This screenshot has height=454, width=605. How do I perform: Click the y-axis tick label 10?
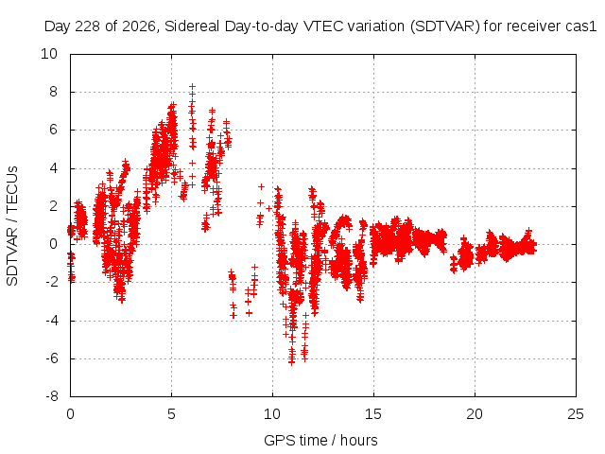(x=49, y=54)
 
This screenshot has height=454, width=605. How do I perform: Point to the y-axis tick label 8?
(x=53, y=92)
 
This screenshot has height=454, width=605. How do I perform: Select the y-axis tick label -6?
(x=51, y=358)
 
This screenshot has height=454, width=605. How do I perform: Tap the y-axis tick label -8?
(x=51, y=396)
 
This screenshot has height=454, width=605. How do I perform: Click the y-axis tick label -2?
(x=51, y=282)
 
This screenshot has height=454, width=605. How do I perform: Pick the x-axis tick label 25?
(x=576, y=414)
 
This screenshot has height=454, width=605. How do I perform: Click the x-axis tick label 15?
(x=373, y=414)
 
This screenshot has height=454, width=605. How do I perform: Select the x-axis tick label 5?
(x=171, y=414)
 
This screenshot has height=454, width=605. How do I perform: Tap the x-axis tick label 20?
(x=475, y=414)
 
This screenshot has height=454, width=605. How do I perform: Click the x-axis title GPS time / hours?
(x=320, y=440)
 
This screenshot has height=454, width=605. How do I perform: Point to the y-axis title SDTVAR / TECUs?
(x=12, y=226)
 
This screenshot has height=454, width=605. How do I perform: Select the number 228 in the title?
(x=87, y=26)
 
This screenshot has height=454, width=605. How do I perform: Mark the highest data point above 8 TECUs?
(x=192, y=86)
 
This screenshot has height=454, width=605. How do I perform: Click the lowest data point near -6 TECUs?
(x=292, y=362)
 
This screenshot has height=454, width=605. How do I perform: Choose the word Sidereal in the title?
(x=192, y=26)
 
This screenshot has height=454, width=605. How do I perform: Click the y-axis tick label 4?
(x=53, y=168)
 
